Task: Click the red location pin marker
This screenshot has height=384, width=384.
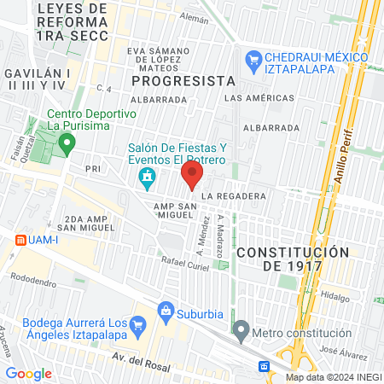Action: [192, 177]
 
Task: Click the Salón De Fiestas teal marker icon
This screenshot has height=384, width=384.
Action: [147, 177]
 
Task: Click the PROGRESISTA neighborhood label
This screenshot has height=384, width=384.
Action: [183, 80]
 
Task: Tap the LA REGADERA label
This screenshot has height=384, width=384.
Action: [234, 195]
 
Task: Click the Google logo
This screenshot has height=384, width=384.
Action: [28, 372]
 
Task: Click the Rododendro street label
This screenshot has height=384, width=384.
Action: [39, 278]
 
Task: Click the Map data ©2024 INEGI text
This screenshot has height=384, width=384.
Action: [332, 376]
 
